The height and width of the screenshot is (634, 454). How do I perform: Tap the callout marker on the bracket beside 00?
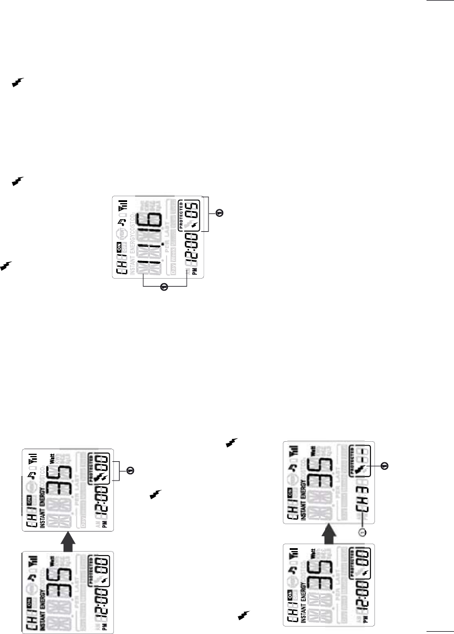tap(130, 471)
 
